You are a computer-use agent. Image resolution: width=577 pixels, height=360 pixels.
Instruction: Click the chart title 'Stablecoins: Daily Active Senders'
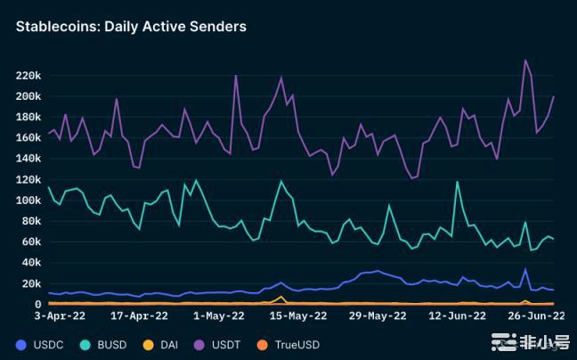[x=131, y=27]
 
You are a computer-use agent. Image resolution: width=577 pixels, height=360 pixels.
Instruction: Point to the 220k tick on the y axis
[x=28, y=75]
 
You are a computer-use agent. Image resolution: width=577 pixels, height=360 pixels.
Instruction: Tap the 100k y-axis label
[x=28, y=200]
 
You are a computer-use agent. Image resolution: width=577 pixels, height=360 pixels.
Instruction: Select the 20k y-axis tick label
[x=30, y=283]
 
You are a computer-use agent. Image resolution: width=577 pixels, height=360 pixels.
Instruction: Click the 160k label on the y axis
[x=28, y=138]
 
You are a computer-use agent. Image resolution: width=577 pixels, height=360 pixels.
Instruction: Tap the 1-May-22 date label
[x=218, y=315]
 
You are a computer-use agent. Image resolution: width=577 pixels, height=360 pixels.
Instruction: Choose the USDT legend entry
[x=223, y=344]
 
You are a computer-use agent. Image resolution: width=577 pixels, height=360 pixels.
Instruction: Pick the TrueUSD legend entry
[x=291, y=344]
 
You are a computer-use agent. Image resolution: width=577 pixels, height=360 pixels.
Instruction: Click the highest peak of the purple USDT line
[x=525, y=60]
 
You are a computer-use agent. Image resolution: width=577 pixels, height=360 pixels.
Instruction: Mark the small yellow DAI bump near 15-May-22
[x=281, y=297]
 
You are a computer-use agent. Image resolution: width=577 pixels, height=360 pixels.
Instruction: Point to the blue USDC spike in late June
[x=525, y=268]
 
